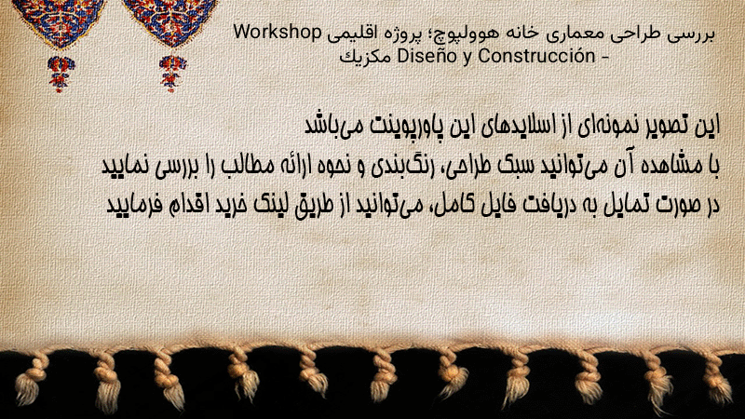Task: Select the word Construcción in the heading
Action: (x=536, y=56)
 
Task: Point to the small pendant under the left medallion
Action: (x=61, y=74)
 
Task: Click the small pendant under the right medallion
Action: (x=172, y=74)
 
